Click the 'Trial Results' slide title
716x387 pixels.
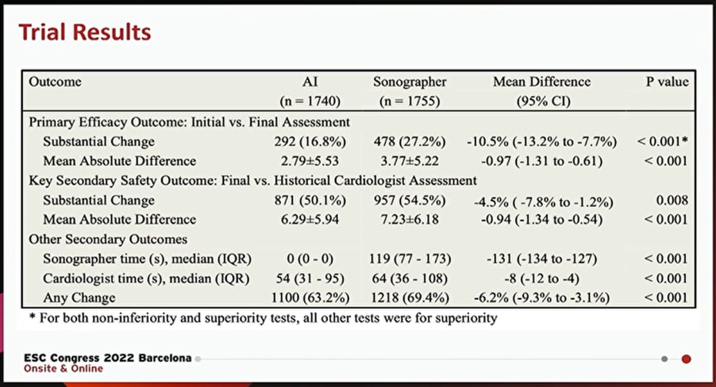(85, 32)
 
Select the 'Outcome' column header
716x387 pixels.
(55, 82)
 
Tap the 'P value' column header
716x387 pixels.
(667, 82)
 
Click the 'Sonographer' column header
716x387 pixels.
(410, 82)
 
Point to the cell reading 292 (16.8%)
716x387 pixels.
(310, 142)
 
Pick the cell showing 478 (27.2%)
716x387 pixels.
(410, 142)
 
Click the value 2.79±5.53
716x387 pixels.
(310, 161)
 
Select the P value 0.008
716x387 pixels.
(671, 200)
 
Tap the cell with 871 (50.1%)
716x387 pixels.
(310, 200)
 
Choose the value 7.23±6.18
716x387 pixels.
(410, 219)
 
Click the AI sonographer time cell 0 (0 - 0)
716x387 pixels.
(310, 259)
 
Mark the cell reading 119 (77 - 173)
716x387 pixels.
(410, 259)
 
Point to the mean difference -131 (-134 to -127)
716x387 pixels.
(541, 259)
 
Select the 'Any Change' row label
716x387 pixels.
(79, 298)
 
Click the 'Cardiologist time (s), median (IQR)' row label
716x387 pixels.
(146, 279)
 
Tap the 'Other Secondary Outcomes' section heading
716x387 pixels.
(109, 239)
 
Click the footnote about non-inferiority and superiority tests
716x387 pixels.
(263, 318)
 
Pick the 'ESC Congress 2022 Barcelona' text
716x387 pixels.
(108, 358)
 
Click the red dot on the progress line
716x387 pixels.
(686, 359)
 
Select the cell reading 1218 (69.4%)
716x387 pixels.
(410, 298)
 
